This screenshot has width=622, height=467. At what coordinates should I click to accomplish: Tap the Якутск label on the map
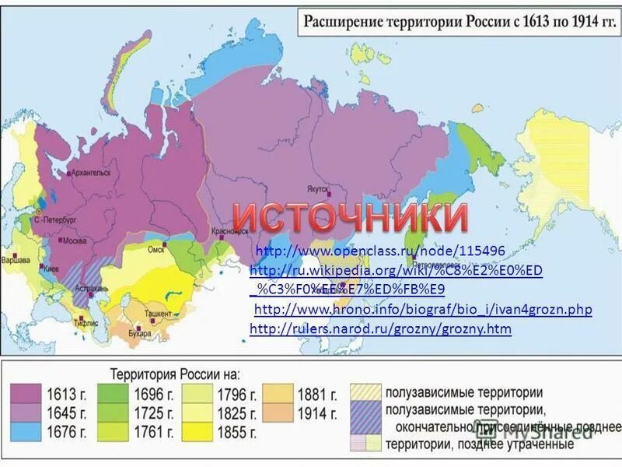click(316, 188)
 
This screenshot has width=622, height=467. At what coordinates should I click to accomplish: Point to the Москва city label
click(75, 241)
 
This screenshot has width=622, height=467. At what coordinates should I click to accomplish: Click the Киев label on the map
click(51, 269)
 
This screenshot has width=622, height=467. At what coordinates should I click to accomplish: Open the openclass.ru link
click(380, 251)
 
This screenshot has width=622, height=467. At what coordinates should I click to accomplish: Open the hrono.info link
click(423, 310)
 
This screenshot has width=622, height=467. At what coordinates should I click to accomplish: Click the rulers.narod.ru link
click(380, 329)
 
